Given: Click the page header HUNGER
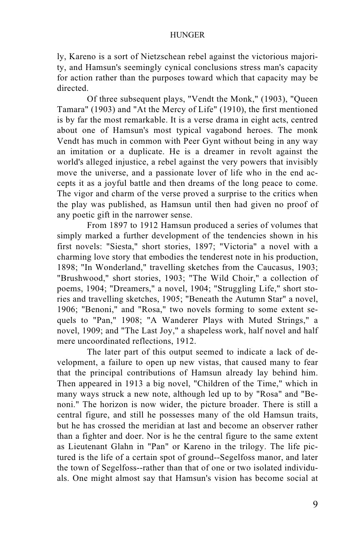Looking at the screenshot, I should coord(187,35).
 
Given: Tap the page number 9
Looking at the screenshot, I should coord(315,505).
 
